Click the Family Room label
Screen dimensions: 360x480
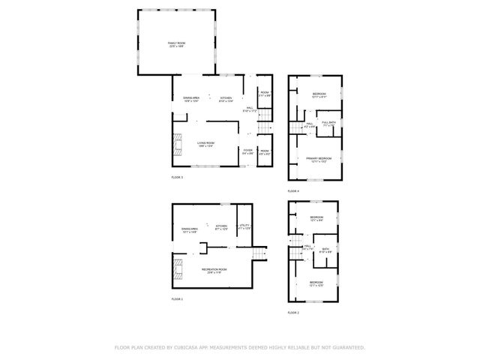tap(176, 45)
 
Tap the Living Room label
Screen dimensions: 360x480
tap(207, 144)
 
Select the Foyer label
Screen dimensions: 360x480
tap(247, 151)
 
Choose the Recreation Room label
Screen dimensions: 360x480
tap(212, 271)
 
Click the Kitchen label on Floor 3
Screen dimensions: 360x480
tap(226, 99)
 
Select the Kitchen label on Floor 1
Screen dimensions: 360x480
tap(221, 226)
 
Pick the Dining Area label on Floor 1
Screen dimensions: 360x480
tap(189, 229)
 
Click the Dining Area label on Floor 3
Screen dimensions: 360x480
tap(190, 99)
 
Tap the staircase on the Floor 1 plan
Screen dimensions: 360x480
tap(259, 255)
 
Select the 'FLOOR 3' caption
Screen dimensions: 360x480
tap(177, 177)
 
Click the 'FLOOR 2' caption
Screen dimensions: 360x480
tap(293, 312)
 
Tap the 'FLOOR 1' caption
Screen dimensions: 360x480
tap(177, 298)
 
